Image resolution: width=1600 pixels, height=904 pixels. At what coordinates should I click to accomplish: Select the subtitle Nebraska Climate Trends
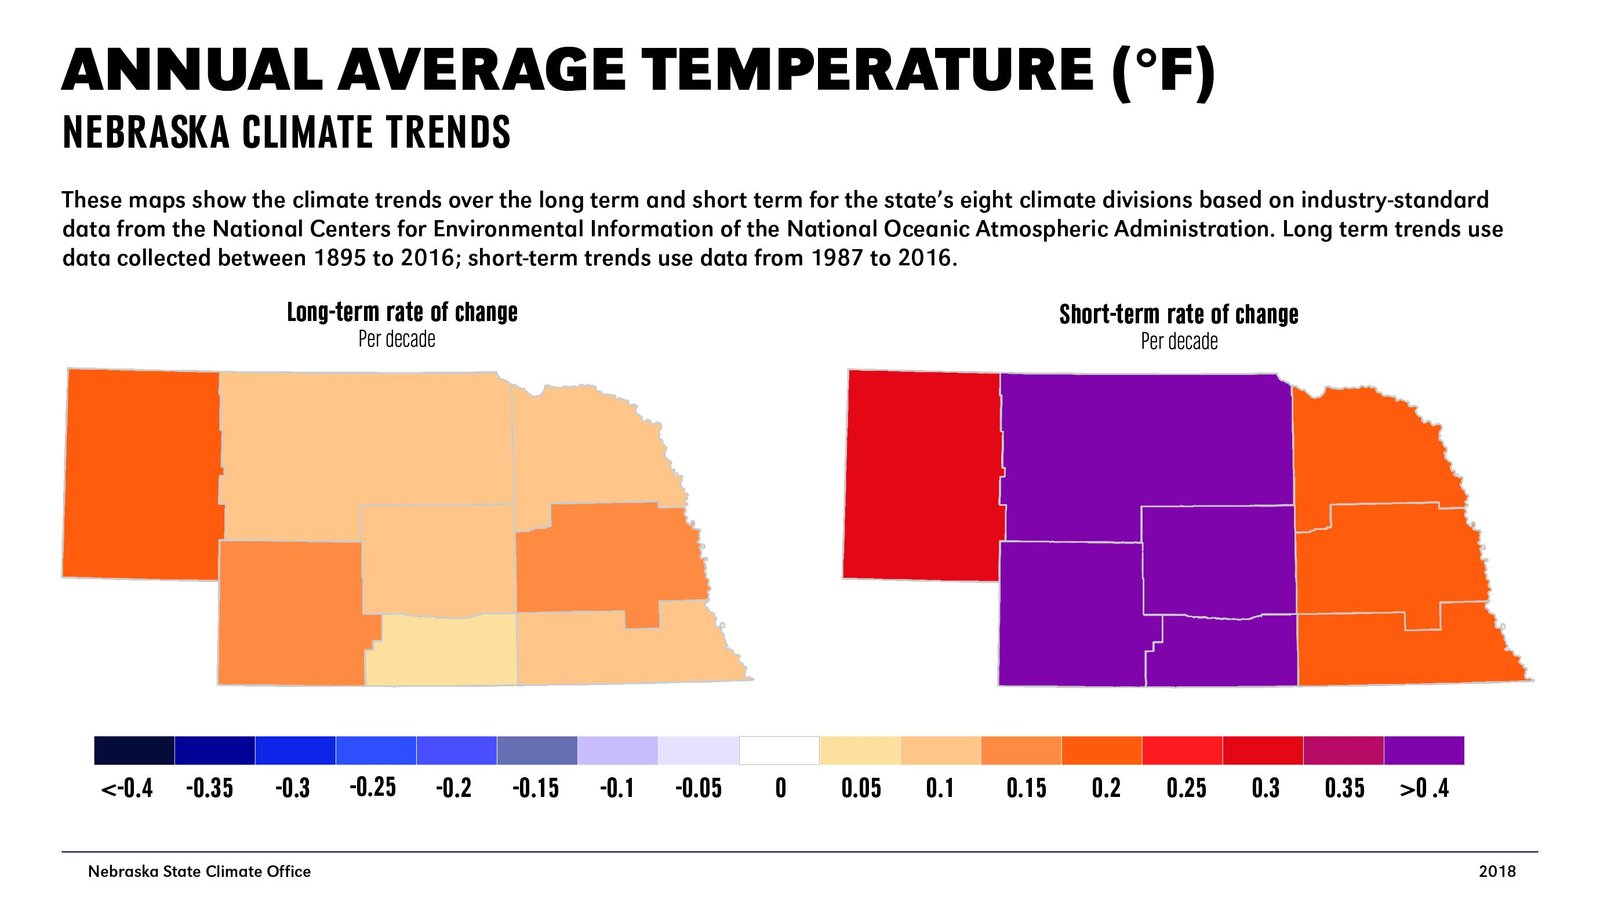[x=286, y=133]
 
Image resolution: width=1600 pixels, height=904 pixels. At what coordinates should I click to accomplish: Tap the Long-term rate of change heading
[x=402, y=312]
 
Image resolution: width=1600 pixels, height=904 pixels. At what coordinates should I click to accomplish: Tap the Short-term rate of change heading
[x=1178, y=315]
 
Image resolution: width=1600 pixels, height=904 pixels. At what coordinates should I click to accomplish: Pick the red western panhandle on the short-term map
[x=920, y=475]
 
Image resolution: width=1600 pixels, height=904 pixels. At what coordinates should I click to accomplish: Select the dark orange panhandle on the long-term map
[x=140, y=475]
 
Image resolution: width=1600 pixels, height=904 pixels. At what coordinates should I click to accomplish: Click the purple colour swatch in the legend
[x=1423, y=750]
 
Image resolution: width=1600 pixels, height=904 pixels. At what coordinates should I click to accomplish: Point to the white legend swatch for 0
[x=779, y=750]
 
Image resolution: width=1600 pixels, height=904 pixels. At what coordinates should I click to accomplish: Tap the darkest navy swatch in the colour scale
[x=134, y=750]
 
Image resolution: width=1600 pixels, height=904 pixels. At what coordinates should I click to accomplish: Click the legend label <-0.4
[x=127, y=789]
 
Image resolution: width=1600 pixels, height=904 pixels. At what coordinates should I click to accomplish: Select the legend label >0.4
[x=1424, y=789]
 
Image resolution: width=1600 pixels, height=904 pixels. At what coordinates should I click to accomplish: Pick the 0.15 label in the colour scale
[x=1026, y=789]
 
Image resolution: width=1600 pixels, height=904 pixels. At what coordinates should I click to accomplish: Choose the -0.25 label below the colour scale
[x=372, y=788]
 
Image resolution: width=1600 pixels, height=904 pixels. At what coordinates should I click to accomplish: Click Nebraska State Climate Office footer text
[x=199, y=871]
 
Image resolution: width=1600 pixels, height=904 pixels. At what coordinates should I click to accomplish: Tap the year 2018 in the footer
[x=1497, y=871]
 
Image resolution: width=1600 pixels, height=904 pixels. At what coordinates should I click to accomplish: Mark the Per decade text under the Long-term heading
[x=397, y=340]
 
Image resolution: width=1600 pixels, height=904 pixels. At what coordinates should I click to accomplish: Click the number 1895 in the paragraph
[x=339, y=258]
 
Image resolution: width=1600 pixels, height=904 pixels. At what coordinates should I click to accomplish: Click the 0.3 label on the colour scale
[x=1265, y=789]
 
